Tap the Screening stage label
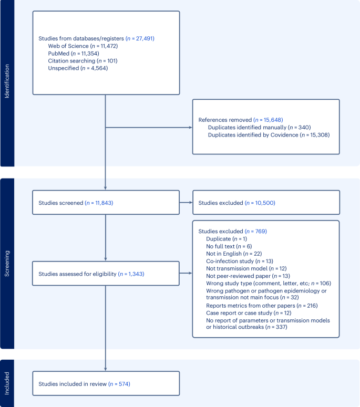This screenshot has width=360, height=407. pyautogui.click(x=7, y=263)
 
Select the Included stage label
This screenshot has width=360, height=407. pyautogui.click(x=7, y=383)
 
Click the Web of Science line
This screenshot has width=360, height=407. pyautogui.click(x=83, y=46)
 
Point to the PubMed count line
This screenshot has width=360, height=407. pyautogui.click(x=73, y=54)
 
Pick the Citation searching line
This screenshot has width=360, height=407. pyautogui.click(x=83, y=61)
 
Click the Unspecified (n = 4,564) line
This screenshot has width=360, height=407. pyautogui.click(x=78, y=68)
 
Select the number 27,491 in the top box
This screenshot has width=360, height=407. pyautogui.click(x=140, y=39)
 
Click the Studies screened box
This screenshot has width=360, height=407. pyautogui.click(x=106, y=203)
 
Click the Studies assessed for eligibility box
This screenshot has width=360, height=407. pyautogui.click(x=106, y=274)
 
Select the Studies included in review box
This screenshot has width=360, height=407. pyautogui.click(x=106, y=384)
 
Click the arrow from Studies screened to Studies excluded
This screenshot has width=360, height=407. pyautogui.click(x=186, y=203)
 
